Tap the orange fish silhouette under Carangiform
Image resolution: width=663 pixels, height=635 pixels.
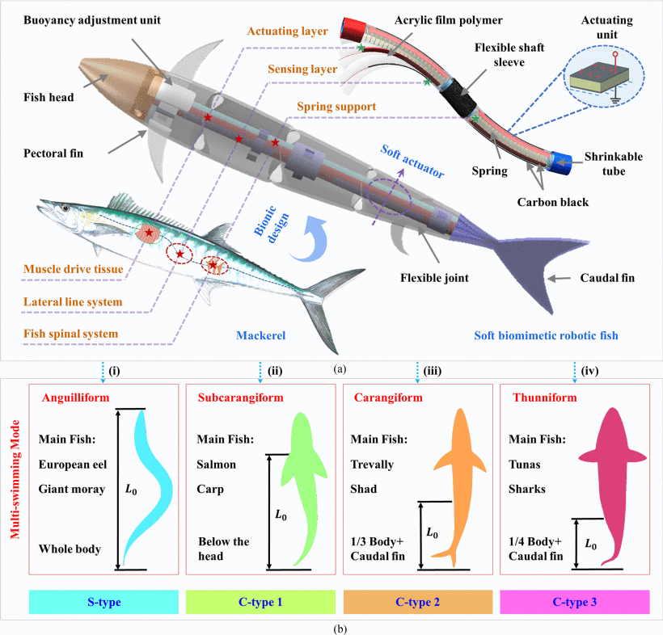(x=460, y=477)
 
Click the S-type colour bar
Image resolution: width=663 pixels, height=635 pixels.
(x=103, y=601)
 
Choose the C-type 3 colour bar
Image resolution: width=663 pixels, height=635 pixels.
(x=576, y=601)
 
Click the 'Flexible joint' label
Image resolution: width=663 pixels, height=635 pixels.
(x=434, y=279)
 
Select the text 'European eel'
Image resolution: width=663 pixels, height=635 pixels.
(x=72, y=465)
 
